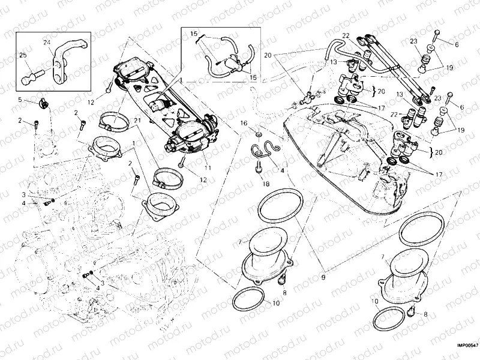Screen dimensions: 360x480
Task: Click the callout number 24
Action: pos(47,42)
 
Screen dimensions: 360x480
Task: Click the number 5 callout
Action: pos(19,100)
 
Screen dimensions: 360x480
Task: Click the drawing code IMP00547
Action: pos(467,345)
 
